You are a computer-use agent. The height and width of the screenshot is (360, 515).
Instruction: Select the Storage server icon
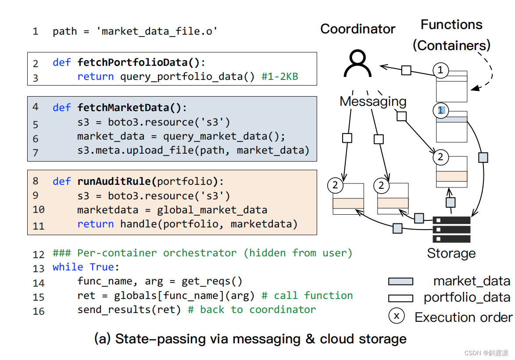pyautogui.click(x=451, y=229)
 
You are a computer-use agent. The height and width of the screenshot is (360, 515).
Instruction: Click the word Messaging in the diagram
pyautogui.click(x=373, y=101)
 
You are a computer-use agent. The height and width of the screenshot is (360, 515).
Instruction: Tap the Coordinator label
pyautogui.click(x=358, y=29)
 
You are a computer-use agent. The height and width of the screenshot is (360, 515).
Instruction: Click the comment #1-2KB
pyautogui.click(x=279, y=77)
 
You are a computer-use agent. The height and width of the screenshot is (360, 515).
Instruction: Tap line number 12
pyautogui.click(x=39, y=254)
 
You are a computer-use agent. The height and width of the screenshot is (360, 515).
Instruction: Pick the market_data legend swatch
pyautogui.click(x=400, y=281)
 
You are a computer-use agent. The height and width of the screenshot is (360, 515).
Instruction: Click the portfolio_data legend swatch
pyautogui.click(x=400, y=299)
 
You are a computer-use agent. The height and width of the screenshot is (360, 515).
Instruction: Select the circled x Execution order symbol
pyautogui.click(x=397, y=316)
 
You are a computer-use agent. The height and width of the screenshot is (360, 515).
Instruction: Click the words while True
pyautogui.click(x=86, y=267)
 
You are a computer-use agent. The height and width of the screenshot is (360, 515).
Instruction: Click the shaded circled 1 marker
pyautogui.click(x=440, y=111)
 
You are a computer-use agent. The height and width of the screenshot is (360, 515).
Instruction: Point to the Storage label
pyautogui.click(x=451, y=253)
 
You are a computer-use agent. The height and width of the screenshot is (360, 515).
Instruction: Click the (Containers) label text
pyautogui.click(x=451, y=45)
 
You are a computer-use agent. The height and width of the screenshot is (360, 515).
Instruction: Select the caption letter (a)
pyautogui.click(x=103, y=339)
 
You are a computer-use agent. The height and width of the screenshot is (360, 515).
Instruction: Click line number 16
pyautogui.click(x=39, y=311)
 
